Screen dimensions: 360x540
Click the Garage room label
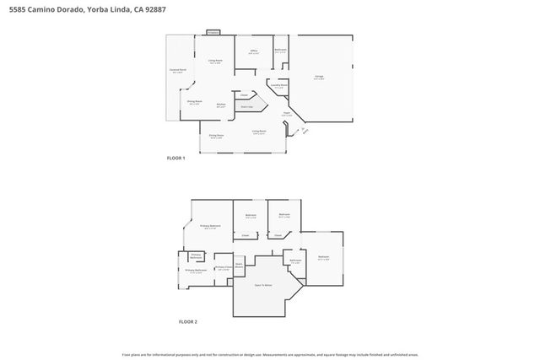(320, 76)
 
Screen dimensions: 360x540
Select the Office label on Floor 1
(253, 52)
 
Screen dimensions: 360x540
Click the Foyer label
(287, 114)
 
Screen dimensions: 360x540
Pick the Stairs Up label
(246, 107)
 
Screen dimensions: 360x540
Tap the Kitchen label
(220, 105)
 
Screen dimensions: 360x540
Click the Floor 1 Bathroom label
(280, 51)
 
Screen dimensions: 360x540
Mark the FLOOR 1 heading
(176, 158)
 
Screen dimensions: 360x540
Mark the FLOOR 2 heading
(187, 322)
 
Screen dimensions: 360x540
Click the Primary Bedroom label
(210, 226)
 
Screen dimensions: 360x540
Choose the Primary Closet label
(223, 268)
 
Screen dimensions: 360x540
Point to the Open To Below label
(263, 285)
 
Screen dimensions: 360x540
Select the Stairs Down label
(239, 266)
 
